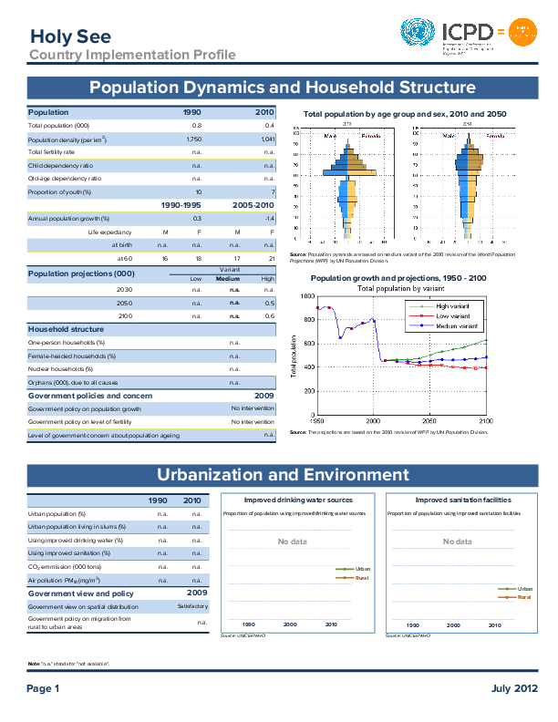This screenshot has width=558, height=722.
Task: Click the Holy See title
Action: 70,36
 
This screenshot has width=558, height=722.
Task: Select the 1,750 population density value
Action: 193,139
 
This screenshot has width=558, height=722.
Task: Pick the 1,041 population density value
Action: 267,139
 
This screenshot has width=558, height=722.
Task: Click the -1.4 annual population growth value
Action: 269,219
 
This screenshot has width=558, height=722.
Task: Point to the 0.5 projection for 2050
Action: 269,302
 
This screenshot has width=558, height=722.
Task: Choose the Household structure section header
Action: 66,328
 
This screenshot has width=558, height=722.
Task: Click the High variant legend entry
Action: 452,306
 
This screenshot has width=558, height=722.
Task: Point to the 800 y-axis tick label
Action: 307,320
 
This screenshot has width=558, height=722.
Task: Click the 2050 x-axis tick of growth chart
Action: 429,421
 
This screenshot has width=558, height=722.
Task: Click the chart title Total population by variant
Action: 402,288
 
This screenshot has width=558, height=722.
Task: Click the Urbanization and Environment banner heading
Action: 283,475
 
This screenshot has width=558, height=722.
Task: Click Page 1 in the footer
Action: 43,687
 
